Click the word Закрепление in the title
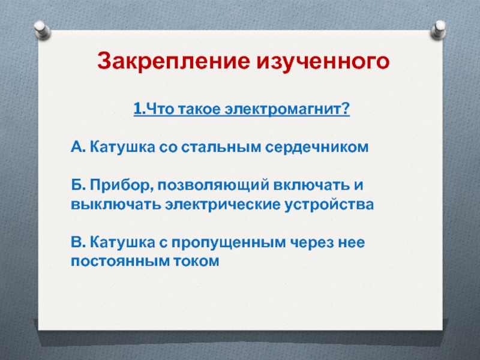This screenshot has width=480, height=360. [x=173, y=61]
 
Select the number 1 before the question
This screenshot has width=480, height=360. [x=137, y=109]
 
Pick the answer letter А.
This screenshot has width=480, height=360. [x=77, y=146]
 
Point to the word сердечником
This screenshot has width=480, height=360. [x=317, y=147]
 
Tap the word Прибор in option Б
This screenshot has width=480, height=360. [x=122, y=185]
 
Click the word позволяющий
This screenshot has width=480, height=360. [x=214, y=185]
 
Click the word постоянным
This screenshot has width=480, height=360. [x=119, y=262]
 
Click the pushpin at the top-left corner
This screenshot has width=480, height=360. [x=42, y=29]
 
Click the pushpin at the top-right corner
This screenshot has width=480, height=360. [x=439, y=29]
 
